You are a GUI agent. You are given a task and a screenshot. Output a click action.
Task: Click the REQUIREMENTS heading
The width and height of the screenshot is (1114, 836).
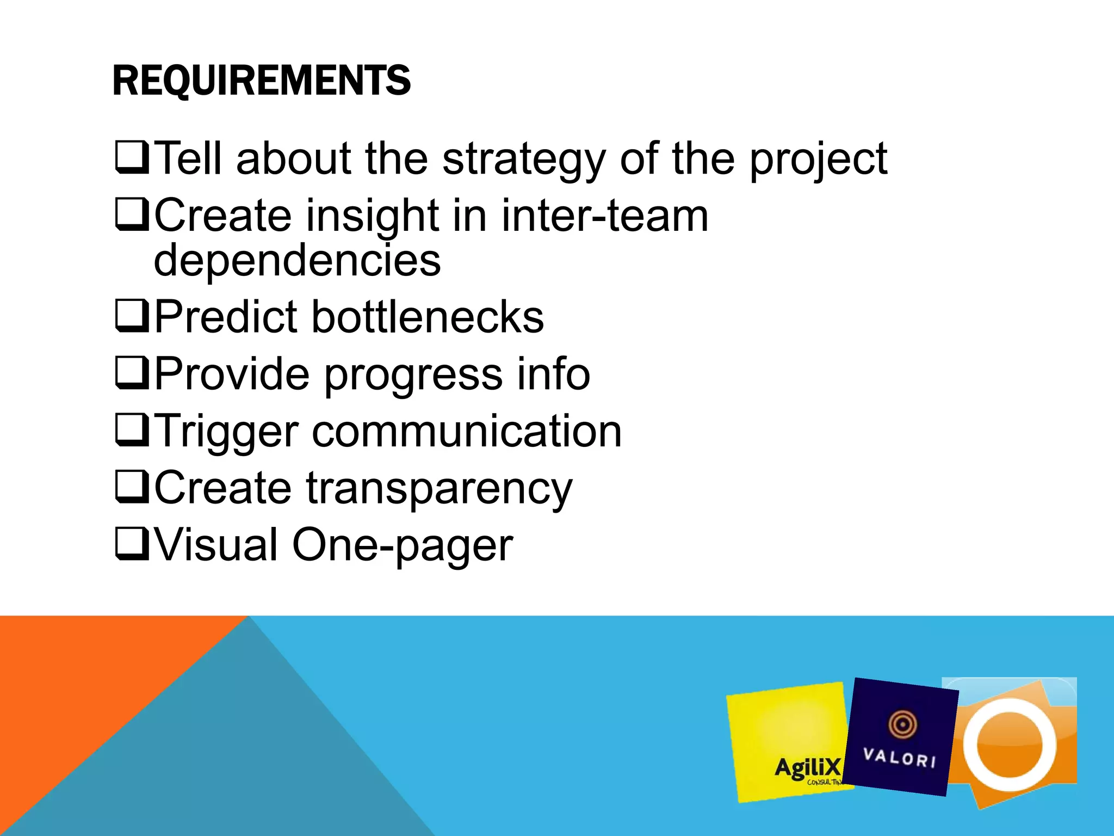pos(261,81)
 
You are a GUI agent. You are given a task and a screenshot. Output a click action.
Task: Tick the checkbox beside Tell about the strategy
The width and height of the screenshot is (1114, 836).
pos(132,158)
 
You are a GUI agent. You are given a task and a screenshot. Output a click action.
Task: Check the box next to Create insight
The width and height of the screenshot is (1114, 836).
pos(132,215)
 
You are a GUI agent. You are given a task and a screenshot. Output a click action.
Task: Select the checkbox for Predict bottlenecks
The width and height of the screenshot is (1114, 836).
pos(132,316)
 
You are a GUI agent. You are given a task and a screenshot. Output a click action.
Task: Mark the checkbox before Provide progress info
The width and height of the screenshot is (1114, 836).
pos(132,373)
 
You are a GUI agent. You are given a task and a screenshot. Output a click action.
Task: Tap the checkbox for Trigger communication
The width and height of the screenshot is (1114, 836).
pos(132,431)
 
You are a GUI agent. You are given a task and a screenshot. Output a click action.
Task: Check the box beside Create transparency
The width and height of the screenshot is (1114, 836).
pos(132,487)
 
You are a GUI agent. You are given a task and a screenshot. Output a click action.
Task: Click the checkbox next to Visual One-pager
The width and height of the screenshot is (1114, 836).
pos(132,544)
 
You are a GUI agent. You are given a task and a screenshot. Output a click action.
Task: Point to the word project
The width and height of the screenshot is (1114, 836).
pos(818,159)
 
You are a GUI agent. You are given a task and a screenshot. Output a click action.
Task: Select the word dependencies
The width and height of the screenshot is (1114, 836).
pos(297,260)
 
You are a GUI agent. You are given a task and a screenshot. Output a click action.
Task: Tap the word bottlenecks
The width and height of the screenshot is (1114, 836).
pos(428,317)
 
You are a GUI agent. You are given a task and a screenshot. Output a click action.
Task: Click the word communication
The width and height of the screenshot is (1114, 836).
pos(467,431)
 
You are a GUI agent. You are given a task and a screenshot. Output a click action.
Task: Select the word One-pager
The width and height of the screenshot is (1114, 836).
pos(403,545)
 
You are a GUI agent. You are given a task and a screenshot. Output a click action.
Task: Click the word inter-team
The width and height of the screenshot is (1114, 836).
pos(604,216)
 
